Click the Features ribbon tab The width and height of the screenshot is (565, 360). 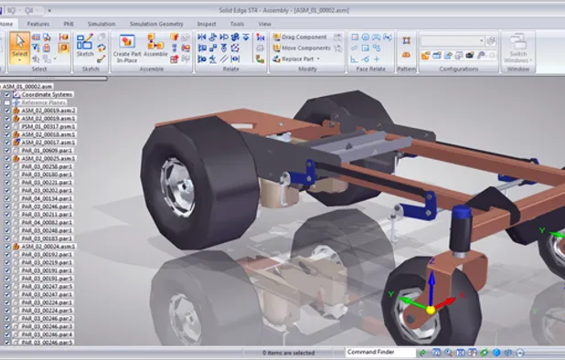coord(38,23)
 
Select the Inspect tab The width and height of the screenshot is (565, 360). coord(208,23)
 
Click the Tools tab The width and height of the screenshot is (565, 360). coord(237,23)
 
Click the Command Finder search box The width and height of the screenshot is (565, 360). coord(379,352)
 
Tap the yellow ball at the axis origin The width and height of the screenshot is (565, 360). coord(430,310)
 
